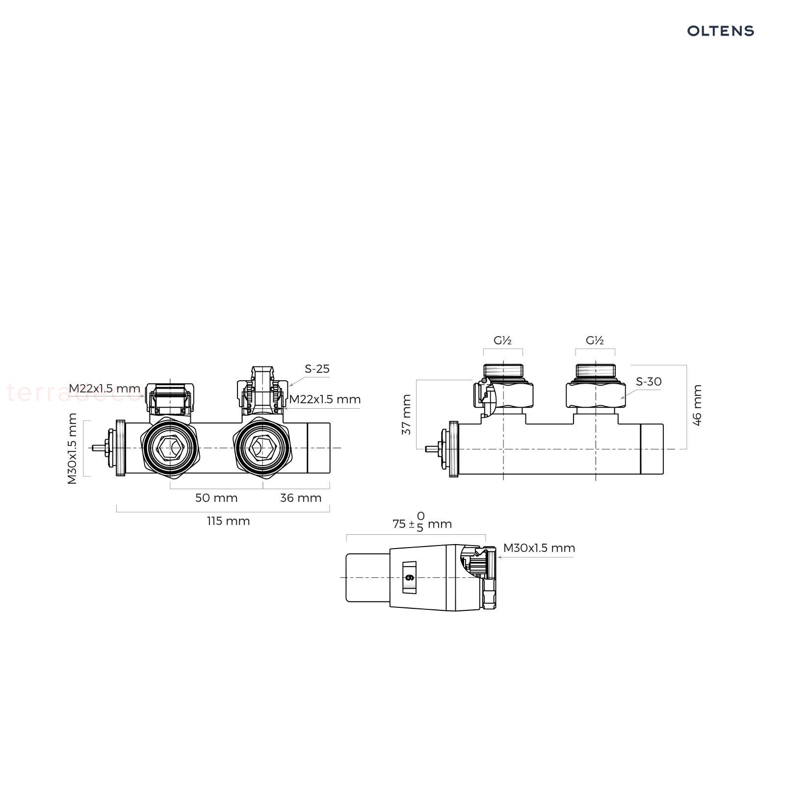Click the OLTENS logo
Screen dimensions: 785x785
pos(720,31)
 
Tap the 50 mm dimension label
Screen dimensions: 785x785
pos(216,498)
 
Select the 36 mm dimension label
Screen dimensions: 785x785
pos(301,498)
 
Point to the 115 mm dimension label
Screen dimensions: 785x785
pos(228,521)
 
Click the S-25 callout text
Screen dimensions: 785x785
pos(317,368)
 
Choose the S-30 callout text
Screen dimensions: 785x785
pos(649,381)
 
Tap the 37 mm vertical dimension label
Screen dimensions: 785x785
pos(406,415)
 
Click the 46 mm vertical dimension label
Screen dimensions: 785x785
pos(697,405)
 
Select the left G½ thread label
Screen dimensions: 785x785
pos(503,340)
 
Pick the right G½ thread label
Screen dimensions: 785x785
pos(595,340)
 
